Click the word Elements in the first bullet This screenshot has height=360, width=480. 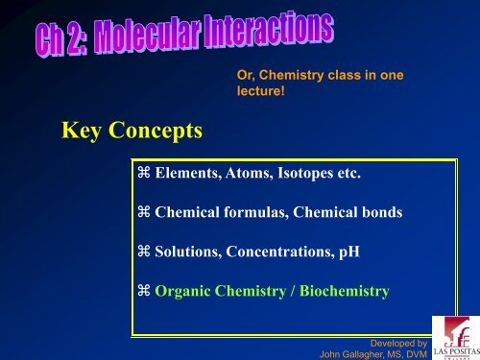point(188,174)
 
